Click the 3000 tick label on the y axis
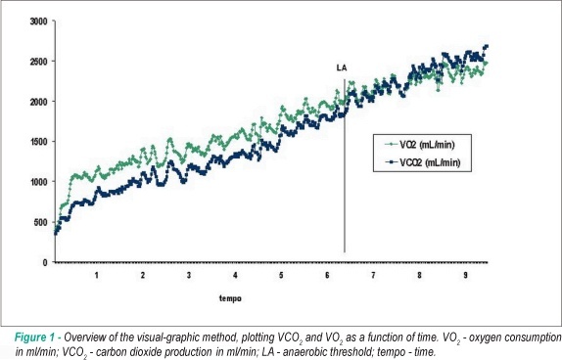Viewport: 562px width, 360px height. tap(38, 22)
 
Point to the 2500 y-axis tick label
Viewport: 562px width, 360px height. tap(38, 62)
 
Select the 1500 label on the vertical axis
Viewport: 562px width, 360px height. tap(38, 142)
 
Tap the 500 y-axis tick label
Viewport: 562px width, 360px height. tap(40, 222)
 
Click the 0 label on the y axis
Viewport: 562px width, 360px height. tap(45, 262)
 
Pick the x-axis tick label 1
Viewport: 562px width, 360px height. tap(97, 275)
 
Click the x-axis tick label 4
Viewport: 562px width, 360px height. tap(235, 275)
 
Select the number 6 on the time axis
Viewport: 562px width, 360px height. tap(327, 275)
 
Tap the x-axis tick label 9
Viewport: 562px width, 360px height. tap(466, 275)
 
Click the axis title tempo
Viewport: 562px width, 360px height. tap(230, 298)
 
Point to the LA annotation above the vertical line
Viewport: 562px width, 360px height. tap(342, 67)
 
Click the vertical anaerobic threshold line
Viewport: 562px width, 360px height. tap(345, 166)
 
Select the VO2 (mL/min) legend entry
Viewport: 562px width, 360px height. tap(420, 145)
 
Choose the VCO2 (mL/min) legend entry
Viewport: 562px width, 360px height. tap(423, 162)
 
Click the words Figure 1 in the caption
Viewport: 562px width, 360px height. tap(35, 337)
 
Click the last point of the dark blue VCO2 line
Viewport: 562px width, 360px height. tap(487, 46)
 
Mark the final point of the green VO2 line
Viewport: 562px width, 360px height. tap(486, 63)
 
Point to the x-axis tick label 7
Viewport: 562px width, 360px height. tap(373, 275)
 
